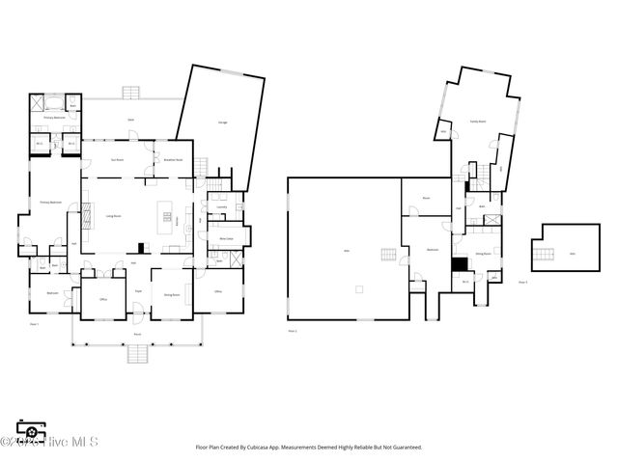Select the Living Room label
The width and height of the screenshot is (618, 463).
(112, 216)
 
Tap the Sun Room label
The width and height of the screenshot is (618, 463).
(118, 160)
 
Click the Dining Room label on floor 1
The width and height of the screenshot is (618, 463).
(172, 294)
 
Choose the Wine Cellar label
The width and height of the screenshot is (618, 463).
(227, 237)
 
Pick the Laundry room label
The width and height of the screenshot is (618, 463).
(221, 206)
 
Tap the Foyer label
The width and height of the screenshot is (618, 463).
(138, 290)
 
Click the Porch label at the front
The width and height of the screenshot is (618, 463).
(138, 334)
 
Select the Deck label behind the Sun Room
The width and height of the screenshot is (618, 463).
(131, 120)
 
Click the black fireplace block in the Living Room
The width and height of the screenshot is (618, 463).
(141, 246)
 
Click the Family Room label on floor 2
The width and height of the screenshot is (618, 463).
(476, 122)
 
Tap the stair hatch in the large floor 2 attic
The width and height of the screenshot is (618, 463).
(388, 255)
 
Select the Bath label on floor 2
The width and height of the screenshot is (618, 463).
(482, 206)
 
